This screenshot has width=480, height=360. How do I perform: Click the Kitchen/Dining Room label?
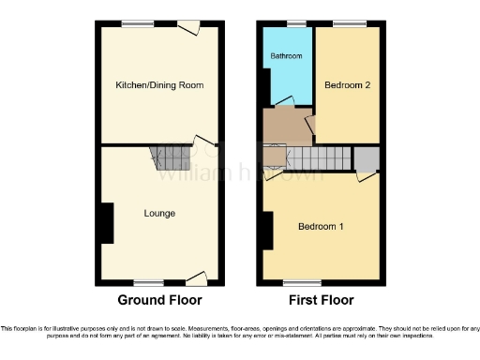tap(159, 85)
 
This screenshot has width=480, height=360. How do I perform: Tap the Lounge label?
tap(159, 214)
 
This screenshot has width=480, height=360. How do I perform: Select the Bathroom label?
tap(287, 56)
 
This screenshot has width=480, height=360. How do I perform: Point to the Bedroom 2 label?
tap(347, 85)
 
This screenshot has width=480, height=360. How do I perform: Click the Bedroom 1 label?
tap(321, 227)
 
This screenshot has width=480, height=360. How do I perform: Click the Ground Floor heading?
tap(159, 301)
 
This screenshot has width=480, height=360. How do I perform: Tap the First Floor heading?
tap(321, 301)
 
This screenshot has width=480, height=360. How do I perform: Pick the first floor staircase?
tap(319, 159)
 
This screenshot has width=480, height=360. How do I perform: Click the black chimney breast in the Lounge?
tap(106, 224)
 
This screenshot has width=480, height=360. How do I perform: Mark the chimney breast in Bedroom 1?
tap(269, 231)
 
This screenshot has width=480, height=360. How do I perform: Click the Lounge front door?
tap(196, 278)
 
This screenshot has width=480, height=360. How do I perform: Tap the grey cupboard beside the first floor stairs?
tap(366, 158)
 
